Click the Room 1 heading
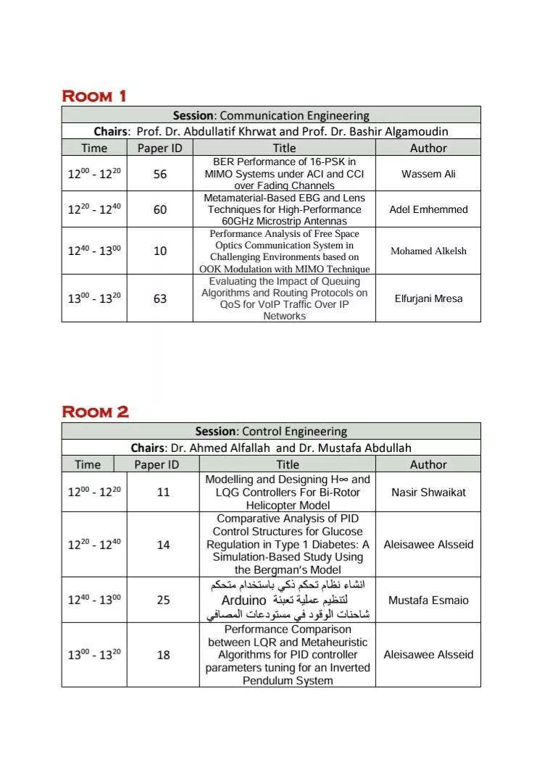pos(94,96)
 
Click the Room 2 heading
pos(96,412)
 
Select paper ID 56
pos(160,174)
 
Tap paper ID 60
pos(160,209)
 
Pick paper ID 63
pos(160,298)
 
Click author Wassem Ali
pos(428,174)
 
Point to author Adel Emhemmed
pos(428,209)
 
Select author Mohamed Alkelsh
pos(428,251)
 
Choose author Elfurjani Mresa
pos(428,298)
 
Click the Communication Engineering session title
pos(271,115)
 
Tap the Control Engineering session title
pos(271,431)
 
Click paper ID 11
pos(163,492)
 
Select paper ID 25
pos(163,600)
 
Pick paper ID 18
pos(163,655)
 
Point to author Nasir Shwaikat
pos(428,492)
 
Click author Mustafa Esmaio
pos(428,600)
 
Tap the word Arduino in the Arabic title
pos(244,601)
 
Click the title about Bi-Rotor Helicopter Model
pos(288,493)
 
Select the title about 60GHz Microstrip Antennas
pos(284,209)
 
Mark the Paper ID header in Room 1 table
pos(160,148)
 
